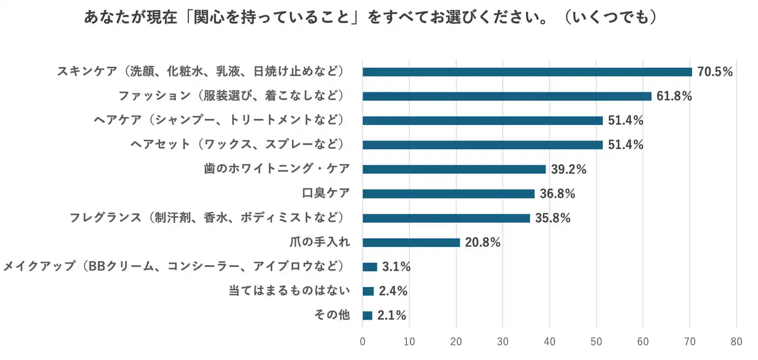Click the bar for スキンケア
point(527,72)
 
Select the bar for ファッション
point(507,97)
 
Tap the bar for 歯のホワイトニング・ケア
point(454,169)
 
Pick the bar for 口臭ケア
point(448,194)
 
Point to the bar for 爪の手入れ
point(411,242)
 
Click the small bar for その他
point(367,316)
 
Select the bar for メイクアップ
point(370,267)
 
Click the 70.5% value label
point(715,72)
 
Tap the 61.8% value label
point(674,97)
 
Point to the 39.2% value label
point(568,169)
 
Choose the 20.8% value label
point(483,242)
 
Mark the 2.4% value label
point(393,291)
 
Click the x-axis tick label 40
point(550,341)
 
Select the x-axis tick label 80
point(737,341)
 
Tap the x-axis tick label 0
point(362,341)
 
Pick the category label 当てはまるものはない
point(290,291)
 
